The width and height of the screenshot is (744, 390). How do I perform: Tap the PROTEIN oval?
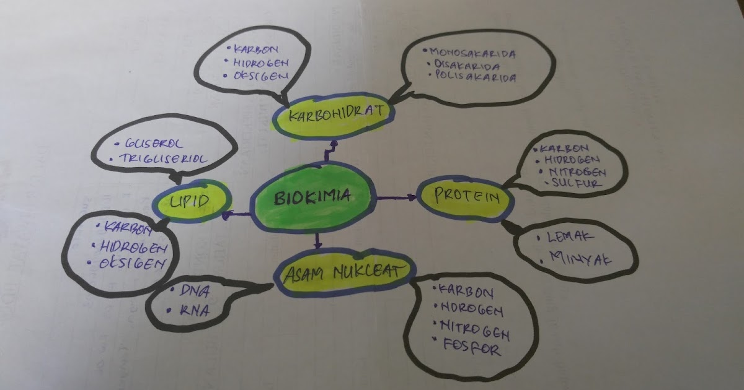tap(466, 197)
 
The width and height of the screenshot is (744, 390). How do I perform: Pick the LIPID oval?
tap(191, 201)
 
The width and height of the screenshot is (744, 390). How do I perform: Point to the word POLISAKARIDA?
tap(475, 79)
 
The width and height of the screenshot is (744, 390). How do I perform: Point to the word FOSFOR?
tap(472, 349)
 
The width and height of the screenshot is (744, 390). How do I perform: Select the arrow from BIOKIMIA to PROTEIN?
tap(397, 197)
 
